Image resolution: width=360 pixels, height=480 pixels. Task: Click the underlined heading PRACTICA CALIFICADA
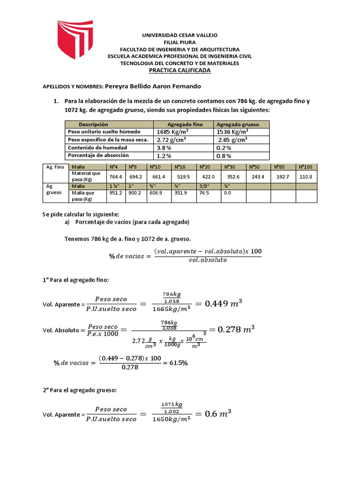(180, 70)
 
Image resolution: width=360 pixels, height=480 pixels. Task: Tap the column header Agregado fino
(185, 124)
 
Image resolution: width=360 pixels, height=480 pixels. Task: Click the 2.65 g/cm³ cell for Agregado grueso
(233, 140)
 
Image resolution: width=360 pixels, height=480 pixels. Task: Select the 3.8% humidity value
(164, 147)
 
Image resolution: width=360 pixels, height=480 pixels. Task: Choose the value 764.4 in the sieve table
(115, 177)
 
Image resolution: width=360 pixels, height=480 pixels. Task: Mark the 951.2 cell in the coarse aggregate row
(115, 193)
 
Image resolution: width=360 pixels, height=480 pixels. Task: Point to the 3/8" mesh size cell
(205, 186)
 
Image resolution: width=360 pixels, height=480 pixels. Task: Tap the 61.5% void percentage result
(177, 363)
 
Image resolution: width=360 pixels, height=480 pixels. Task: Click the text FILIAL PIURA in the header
(180, 42)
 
